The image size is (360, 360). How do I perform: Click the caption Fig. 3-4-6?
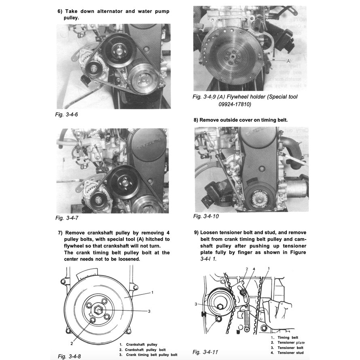click(67, 115)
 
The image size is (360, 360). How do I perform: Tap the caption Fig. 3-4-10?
click(206, 216)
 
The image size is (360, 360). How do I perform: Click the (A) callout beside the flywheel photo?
click(288, 61)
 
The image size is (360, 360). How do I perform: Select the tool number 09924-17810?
click(235, 104)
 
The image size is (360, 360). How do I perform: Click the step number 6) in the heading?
click(60, 11)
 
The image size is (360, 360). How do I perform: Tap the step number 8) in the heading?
click(197, 120)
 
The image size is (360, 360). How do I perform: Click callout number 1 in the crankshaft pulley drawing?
click(152, 292)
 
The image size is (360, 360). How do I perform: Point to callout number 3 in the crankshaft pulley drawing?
click(149, 311)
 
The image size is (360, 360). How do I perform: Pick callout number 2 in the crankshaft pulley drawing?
click(72, 343)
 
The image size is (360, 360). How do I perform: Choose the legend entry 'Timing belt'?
click(288, 337)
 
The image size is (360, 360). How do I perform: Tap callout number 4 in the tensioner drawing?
click(254, 269)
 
